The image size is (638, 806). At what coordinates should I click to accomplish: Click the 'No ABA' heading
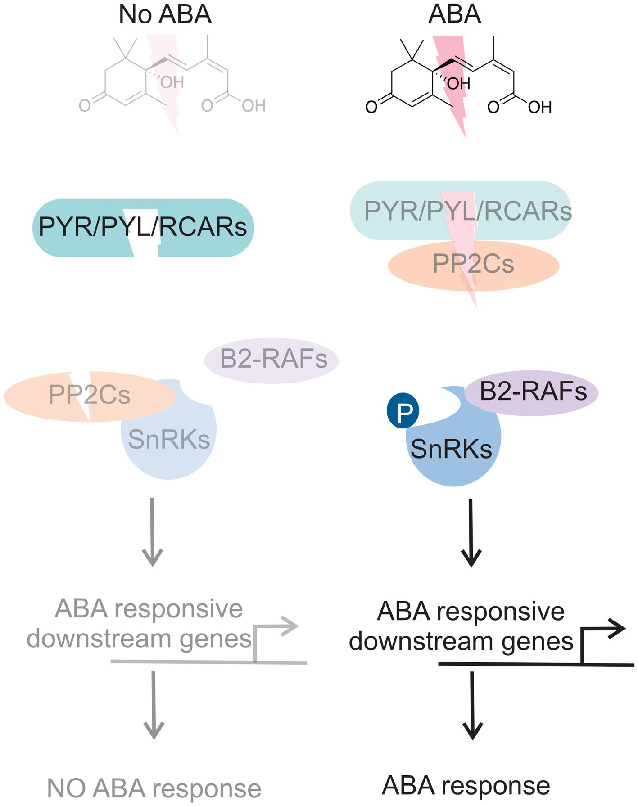(x=165, y=14)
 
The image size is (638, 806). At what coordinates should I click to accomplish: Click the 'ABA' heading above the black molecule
(x=454, y=14)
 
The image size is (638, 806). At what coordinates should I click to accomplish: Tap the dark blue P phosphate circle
(x=403, y=410)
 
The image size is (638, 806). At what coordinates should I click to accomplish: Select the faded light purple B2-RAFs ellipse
(x=272, y=360)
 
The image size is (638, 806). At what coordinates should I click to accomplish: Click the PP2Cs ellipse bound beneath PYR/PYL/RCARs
(x=473, y=266)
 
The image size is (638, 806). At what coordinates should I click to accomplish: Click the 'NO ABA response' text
(x=154, y=788)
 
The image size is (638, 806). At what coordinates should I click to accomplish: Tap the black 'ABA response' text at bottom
(x=466, y=785)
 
